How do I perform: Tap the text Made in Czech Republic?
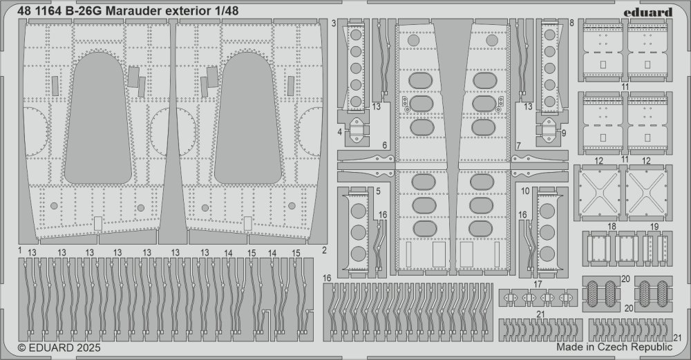pos(613,348)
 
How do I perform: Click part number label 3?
pos(333,23)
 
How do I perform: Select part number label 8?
pos(572,23)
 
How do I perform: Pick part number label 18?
pos(612,227)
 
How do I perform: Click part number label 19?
pos(655,227)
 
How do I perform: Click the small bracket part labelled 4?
pos(357,130)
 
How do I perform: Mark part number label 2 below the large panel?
pos(324,249)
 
